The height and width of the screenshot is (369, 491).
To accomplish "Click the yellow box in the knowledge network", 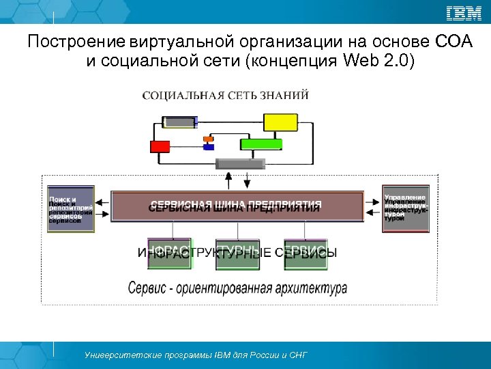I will click(x=280, y=122).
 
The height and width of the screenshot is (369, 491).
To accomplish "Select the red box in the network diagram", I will click(x=160, y=146).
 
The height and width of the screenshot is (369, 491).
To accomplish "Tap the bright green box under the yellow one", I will click(x=261, y=143).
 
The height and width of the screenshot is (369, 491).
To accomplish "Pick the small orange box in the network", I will click(x=208, y=139).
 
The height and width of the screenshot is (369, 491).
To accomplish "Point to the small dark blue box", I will click(x=209, y=147).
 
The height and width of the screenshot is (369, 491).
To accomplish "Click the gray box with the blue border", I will click(x=180, y=122).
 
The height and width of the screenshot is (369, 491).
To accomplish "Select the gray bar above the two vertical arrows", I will click(x=240, y=163).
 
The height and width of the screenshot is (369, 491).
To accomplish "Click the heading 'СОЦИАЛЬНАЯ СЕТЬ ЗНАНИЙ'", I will click(x=225, y=95).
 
